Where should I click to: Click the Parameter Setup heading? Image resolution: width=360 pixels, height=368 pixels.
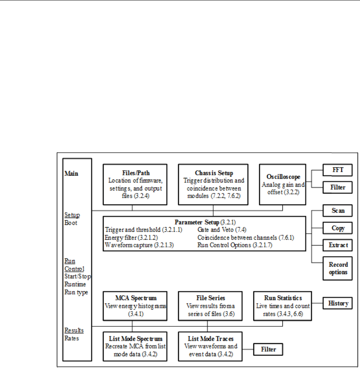coord(197,222)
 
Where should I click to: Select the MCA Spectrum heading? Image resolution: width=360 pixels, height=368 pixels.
coord(132,297)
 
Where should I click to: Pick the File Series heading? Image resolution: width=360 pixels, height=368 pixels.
coord(207,297)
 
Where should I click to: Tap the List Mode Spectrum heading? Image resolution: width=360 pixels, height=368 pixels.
coord(132,338)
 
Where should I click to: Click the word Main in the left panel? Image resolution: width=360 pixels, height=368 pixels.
coord(71,173)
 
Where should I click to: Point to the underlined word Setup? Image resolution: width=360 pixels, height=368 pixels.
coord(72,215)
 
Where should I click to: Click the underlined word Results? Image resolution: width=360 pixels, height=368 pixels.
coord(73,330)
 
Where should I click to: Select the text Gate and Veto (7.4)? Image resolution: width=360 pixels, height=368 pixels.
coord(217,230)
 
